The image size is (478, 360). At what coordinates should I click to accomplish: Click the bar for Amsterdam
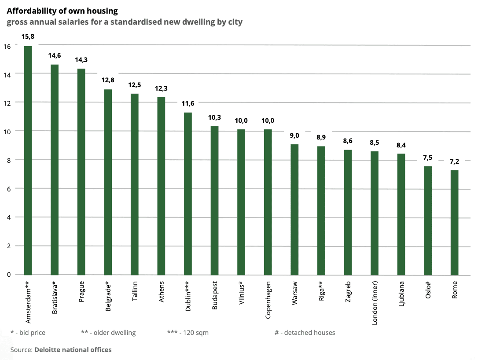click(x=28, y=161)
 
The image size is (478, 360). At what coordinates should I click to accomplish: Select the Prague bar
click(x=81, y=172)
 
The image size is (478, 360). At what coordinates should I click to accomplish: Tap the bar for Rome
click(x=454, y=222)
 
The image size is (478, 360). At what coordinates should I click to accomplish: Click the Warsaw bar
click(x=294, y=209)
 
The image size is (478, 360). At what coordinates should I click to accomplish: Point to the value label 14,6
click(x=55, y=56)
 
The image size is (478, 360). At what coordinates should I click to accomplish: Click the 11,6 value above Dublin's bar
click(x=188, y=104)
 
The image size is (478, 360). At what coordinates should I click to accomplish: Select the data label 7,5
click(x=427, y=158)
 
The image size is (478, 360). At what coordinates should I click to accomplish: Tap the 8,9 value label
click(x=321, y=137)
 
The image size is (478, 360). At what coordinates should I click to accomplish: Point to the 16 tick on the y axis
click(x=7, y=46)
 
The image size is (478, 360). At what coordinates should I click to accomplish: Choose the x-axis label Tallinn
click(x=135, y=291)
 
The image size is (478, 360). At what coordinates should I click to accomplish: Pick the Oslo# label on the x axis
click(x=428, y=290)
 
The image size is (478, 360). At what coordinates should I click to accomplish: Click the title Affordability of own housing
click(x=63, y=11)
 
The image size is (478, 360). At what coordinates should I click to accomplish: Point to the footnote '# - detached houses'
click(x=305, y=333)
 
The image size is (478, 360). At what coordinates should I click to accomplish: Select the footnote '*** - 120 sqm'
click(x=188, y=333)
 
